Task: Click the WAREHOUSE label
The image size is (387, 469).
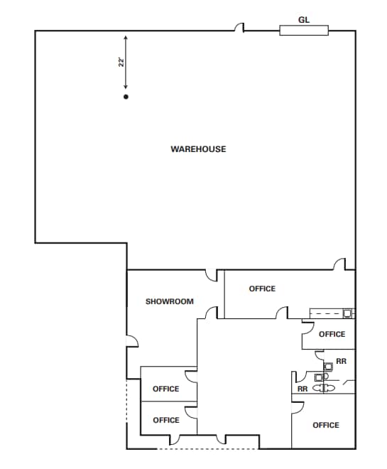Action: (198, 149)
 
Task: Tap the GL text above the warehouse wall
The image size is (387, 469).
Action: (303, 21)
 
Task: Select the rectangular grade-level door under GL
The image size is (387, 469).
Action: (303, 30)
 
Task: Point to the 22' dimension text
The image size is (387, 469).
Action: (121, 62)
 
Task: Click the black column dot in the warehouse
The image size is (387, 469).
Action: (126, 96)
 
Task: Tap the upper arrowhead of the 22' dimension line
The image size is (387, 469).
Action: (126, 38)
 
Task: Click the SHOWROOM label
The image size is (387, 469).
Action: (169, 301)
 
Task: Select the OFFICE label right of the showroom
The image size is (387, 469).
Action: (262, 289)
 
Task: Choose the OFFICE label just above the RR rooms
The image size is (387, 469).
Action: (332, 334)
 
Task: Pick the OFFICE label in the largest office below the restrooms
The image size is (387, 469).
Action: (326, 425)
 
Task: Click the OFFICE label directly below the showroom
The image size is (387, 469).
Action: (166, 389)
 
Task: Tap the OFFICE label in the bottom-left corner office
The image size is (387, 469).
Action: (166, 420)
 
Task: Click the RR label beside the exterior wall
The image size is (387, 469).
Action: (342, 361)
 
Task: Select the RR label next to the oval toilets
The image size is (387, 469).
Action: (302, 389)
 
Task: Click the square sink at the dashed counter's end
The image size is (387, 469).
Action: (347, 313)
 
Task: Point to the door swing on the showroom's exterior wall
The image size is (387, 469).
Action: (132, 341)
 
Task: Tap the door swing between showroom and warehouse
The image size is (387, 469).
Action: (211, 275)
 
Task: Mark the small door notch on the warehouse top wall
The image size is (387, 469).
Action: (240, 28)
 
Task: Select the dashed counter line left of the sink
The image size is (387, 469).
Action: (327, 313)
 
